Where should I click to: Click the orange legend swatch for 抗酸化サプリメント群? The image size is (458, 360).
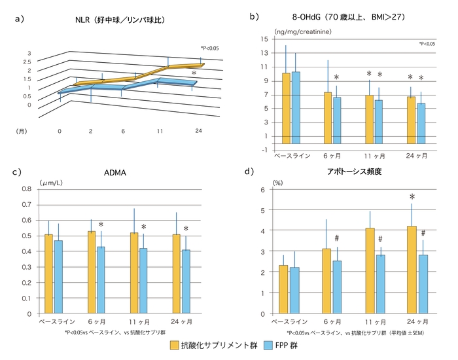[175, 346]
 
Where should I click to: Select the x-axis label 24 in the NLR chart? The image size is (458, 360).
[197, 132]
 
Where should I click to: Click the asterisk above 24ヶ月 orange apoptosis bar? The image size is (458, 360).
[412, 196]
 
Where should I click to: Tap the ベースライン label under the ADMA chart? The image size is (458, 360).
[48, 321]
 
